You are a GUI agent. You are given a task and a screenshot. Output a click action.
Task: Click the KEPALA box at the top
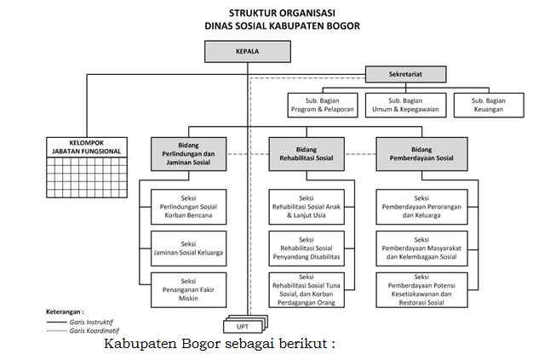pyautogui.click(x=247, y=50)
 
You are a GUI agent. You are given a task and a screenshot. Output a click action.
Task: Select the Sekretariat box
pyautogui.click(x=405, y=74)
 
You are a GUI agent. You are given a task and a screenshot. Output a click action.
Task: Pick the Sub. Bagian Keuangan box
pyautogui.click(x=488, y=104)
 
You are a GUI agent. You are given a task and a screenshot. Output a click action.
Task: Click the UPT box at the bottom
pyautogui.click(x=243, y=325)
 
